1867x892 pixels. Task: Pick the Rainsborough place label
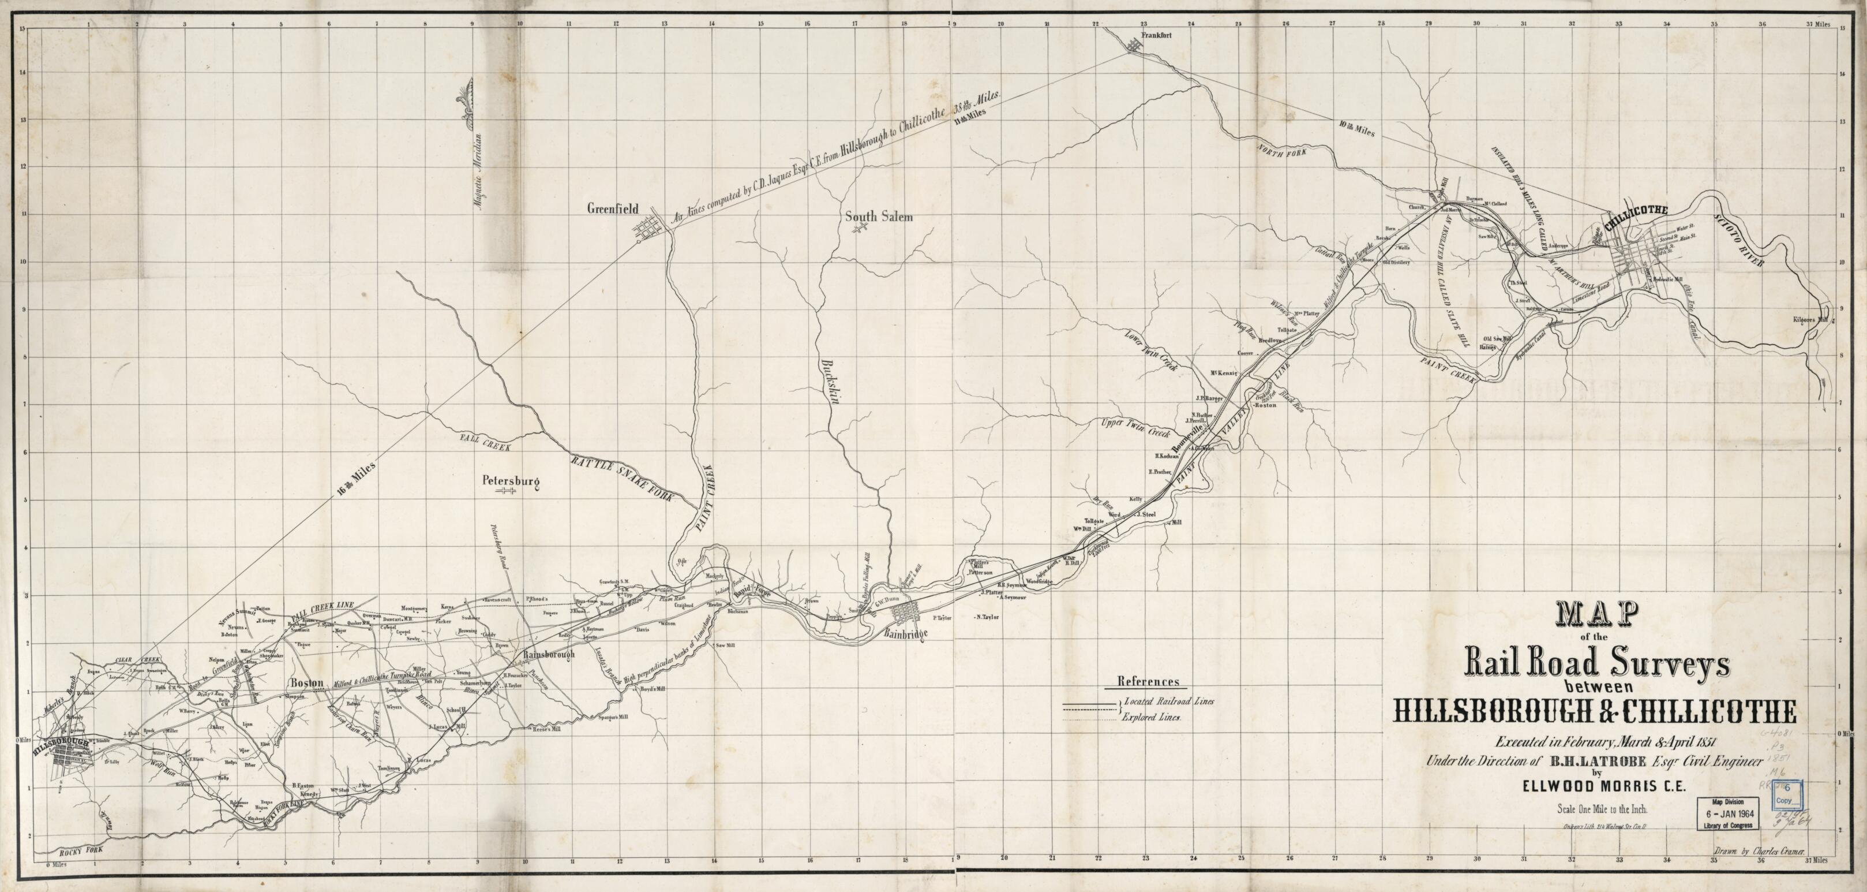(549, 654)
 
